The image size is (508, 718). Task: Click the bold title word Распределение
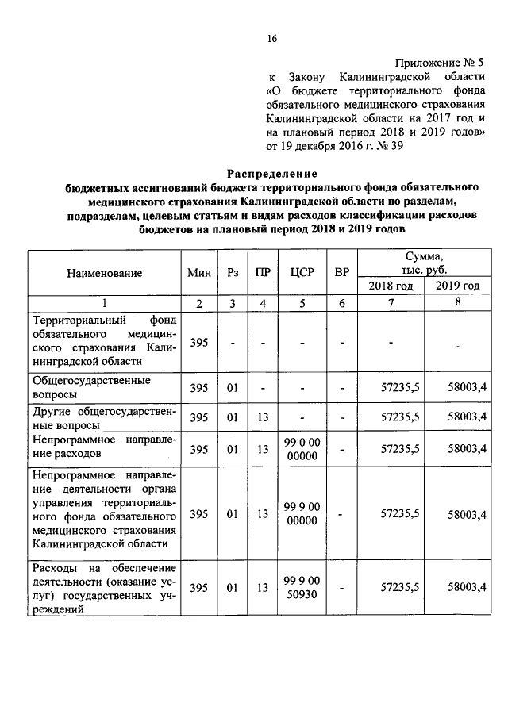coord(272,173)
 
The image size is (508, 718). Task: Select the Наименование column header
coord(104,273)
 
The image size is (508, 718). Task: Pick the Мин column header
coord(199,273)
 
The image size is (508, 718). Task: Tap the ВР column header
coord(341,273)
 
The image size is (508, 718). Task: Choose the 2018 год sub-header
coord(391,286)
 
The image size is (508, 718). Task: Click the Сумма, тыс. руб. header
coord(423,263)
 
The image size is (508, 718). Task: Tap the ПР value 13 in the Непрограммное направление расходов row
coord(262,449)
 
